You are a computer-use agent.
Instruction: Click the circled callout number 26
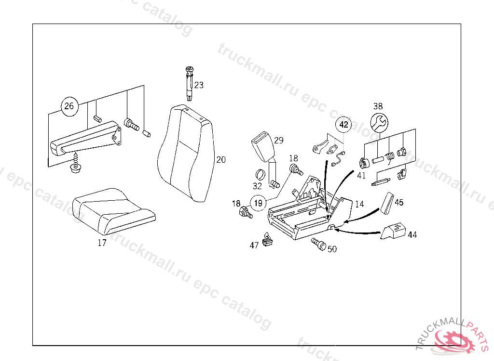[x=69, y=105]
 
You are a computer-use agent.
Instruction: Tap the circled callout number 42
[x=343, y=125]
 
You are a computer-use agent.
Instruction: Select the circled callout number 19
[x=258, y=203]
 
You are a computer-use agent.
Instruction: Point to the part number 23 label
[x=199, y=85]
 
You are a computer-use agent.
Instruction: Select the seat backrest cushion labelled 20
[x=186, y=154]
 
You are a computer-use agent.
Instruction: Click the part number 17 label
[x=102, y=243]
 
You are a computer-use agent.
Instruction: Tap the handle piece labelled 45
[x=387, y=202]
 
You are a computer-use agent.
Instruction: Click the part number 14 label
[x=359, y=204]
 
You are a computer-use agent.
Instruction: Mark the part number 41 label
[x=362, y=176]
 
